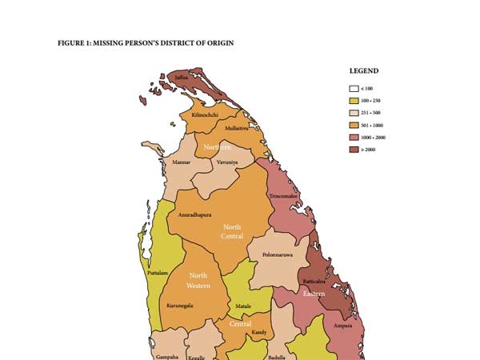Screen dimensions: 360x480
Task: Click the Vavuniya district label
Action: (227, 162)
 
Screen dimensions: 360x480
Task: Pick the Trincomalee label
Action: (284, 195)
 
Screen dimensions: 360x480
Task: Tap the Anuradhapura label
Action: (194, 215)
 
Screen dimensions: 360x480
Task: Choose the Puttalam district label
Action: (158, 273)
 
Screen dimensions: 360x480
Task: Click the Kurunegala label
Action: (179, 305)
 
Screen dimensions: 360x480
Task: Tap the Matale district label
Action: (243, 306)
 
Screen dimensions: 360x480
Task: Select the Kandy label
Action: (258, 331)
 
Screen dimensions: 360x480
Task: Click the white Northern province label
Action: (217, 148)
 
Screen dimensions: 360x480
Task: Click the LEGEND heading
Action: (364, 70)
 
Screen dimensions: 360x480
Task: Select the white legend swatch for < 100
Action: (352, 88)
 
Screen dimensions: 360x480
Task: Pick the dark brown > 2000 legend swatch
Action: (352, 150)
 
